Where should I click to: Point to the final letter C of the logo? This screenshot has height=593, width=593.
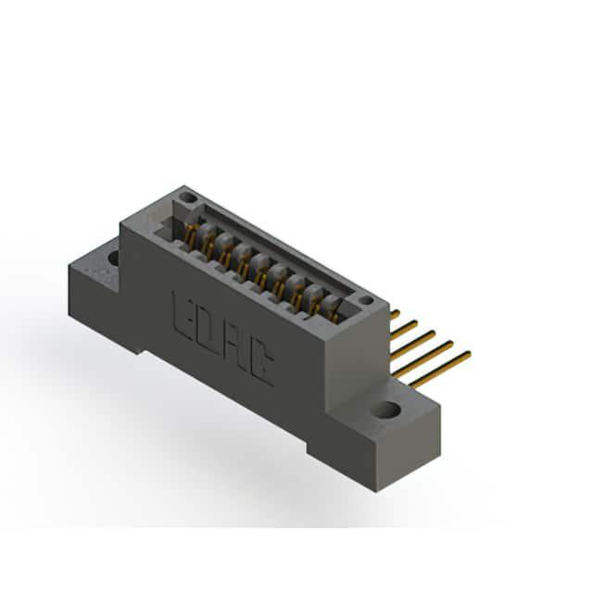[261, 361]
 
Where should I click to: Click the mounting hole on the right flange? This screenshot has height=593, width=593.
[386, 410]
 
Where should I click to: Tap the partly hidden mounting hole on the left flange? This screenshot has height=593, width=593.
[113, 258]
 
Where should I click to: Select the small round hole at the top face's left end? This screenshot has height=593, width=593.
[187, 197]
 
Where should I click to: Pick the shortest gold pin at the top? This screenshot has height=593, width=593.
[395, 314]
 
